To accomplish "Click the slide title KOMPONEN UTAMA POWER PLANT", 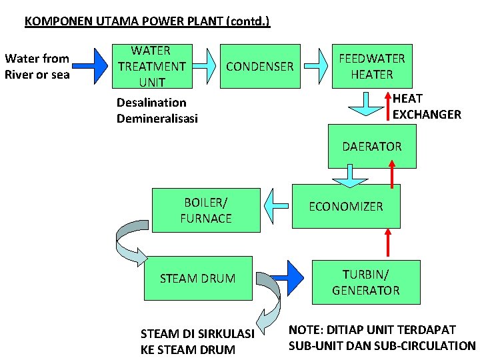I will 147,21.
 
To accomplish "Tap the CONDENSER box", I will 260,67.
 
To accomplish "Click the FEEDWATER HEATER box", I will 371,67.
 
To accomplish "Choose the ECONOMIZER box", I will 345,207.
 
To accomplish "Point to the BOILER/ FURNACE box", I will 207,209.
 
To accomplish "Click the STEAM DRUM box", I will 197,279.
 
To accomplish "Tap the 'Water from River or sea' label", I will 37,67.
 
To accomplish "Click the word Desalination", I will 151,103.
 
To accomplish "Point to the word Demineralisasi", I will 157,119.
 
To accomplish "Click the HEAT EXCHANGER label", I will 427,107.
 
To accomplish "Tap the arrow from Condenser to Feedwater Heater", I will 319,65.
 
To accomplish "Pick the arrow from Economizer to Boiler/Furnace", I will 277,206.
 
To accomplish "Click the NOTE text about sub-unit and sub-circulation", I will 381,338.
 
